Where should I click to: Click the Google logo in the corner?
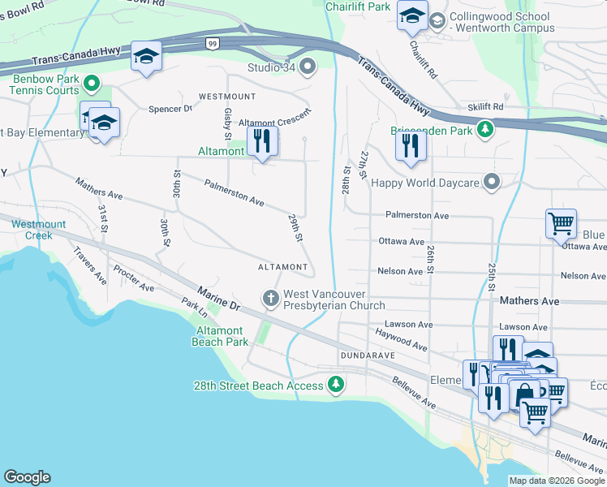pyautogui.click(x=27, y=477)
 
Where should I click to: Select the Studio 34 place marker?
pyautogui.click(x=308, y=66)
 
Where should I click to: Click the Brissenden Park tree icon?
pyautogui.click(x=485, y=129)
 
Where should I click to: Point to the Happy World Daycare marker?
pyautogui.click(x=491, y=182)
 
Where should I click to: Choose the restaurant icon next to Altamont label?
pyautogui.click(x=261, y=140)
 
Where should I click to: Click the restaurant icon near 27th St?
pyautogui.click(x=411, y=144)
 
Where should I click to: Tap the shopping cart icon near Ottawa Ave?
pyautogui.click(x=562, y=223)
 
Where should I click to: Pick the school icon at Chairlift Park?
pyautogui.click(x=412, y=15)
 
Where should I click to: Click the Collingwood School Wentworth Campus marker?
pyautogui.click(x=437, y=20)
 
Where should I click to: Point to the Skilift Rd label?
pyautogui.click(x=485, y=106)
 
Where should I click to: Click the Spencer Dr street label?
pyautogui.click(x=170, y=108)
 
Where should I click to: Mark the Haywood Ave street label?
pyautogui.click(x=401, y=340)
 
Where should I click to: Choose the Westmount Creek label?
pyautogui.click(x=32, y=230)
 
